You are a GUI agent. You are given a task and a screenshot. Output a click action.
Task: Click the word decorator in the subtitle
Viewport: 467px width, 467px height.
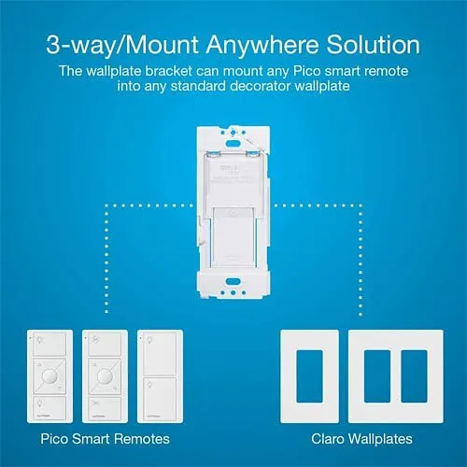[x=301, y=88]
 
